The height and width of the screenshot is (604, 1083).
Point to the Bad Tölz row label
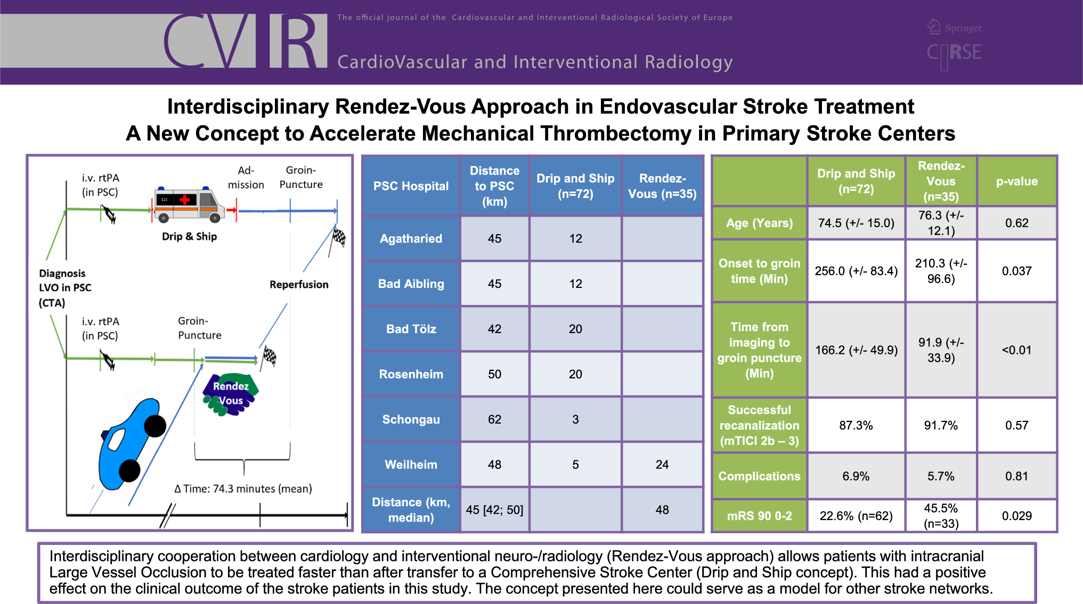click(x=411, y=329)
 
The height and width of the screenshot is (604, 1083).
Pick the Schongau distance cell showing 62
click(x=494, y=419)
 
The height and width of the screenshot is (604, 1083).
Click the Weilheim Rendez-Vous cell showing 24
click(x=662, y=465)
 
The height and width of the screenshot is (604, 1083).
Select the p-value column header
click(x=1017, y=181)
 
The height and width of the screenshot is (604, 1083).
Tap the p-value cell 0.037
click(x=1017, y=271)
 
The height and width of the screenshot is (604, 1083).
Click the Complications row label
click(x=759, y=476)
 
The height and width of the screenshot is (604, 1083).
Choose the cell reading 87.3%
click(x=856, y=425)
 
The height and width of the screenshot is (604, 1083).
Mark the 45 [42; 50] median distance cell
click(x=494, y=510)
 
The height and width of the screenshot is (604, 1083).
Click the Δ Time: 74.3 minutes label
click(x=243, y=489)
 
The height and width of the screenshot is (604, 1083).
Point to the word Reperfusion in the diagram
click(x=299, y=285)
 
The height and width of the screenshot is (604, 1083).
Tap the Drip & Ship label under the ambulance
click(x=189, y=236)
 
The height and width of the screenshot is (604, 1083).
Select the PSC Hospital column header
click(x=411, y=186)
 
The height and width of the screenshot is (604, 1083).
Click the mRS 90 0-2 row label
click(x=759, y=516)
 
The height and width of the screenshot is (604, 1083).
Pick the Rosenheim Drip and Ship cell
click(x=575, y=374)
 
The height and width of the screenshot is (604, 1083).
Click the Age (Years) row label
click(x=759, y=223)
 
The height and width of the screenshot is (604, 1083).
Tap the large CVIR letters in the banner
click(x=245, y=41)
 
